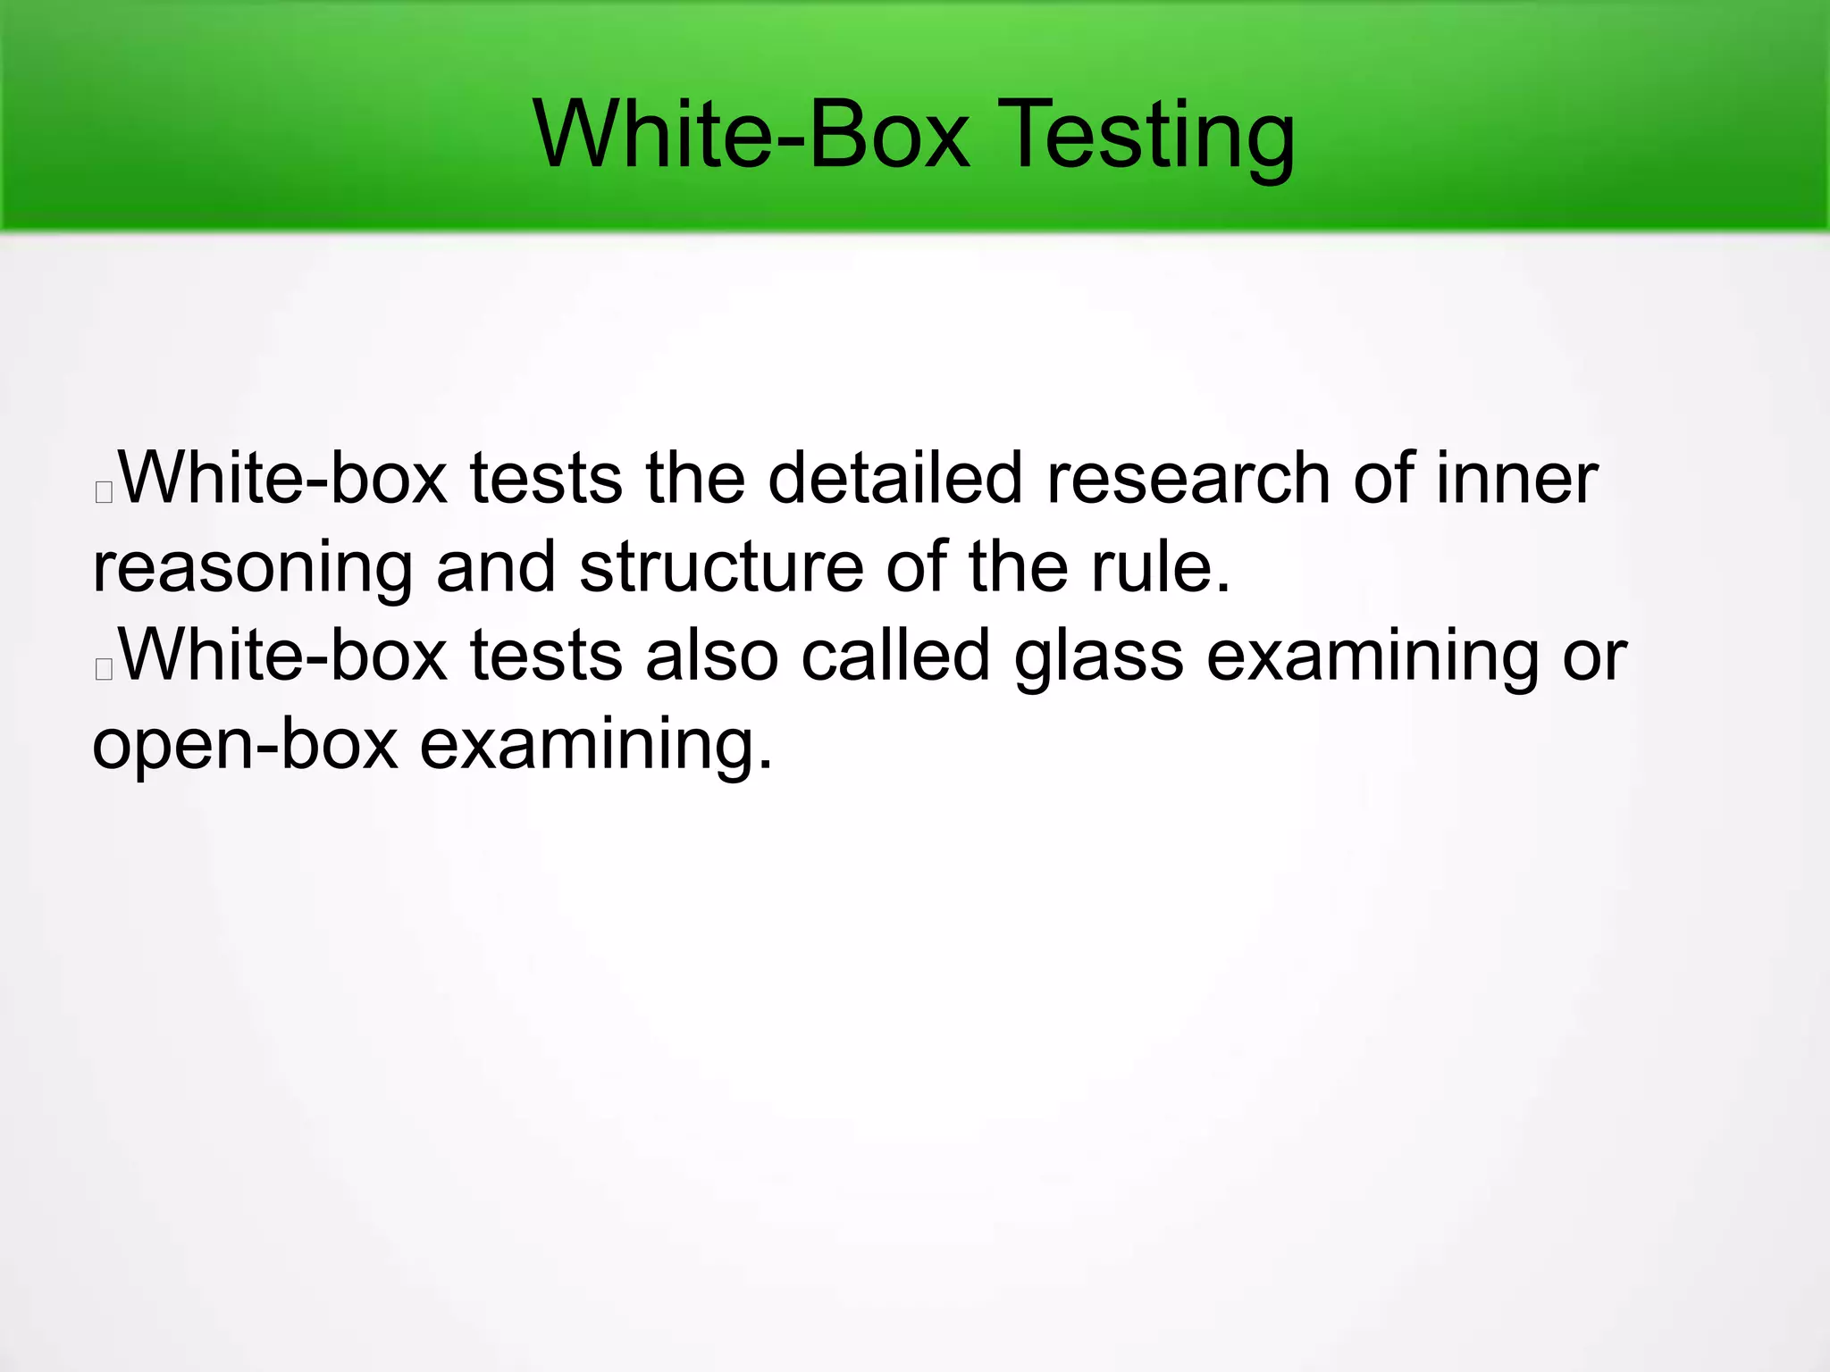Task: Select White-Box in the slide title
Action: [751, 136]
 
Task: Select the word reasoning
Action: [253, 568]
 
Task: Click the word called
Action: [895, 655]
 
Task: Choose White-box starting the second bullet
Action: [282, 655]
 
